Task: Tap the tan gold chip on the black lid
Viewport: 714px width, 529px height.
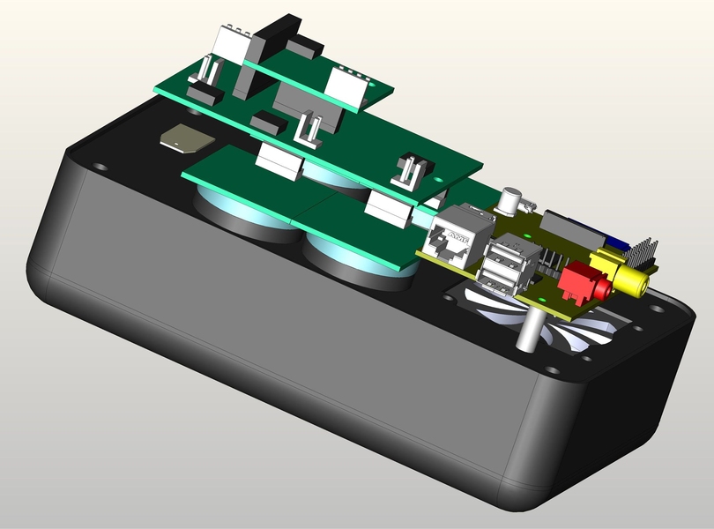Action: coord(186,138)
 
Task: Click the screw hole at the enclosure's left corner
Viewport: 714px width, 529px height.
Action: coord(100,166)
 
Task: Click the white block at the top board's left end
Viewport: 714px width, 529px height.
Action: coord(232,39)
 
